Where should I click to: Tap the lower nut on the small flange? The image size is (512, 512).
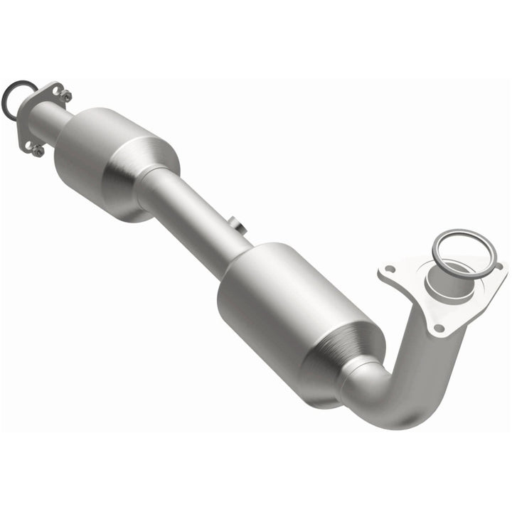[36, 150]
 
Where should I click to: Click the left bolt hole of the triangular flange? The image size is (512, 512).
[389, 271]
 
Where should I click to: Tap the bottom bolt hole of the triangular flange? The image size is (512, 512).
[439, 328]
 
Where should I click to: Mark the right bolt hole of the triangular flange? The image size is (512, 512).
[498, 267]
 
